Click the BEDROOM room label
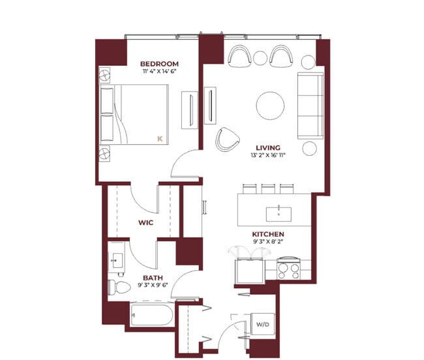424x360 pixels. [159, 64]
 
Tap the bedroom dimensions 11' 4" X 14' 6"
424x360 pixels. [160, 71]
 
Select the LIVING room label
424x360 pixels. [268, 148]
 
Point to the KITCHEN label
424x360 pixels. [268, 234]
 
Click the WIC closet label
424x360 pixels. [145, 222]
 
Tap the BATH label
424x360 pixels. [153, 278]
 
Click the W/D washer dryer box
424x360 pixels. [263, 324]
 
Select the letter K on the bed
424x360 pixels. [160, 139]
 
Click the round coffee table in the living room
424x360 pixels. [270, 106]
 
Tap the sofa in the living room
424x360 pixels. [310, 106]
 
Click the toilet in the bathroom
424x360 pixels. [119, 288]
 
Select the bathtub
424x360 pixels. [152, 315]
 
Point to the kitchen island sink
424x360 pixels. [279, 215]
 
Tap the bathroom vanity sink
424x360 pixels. [117, 260]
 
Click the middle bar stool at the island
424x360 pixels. [268, 189]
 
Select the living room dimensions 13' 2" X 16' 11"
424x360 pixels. [268, 155]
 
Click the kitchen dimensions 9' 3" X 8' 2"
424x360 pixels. [268, 241]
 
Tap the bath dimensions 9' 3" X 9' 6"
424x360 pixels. [153, 285]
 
